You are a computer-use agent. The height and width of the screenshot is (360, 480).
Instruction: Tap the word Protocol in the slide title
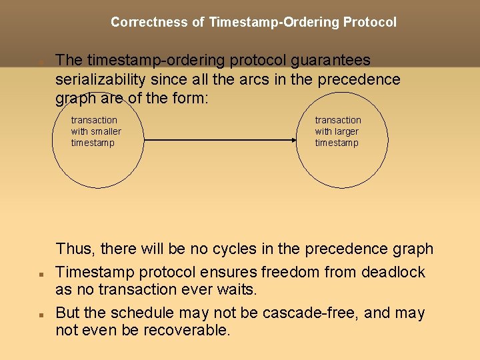pos(369,22)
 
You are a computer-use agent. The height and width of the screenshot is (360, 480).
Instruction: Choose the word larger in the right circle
pos(347,131)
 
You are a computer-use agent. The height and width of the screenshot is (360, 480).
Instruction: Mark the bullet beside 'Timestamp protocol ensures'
pos(41,274)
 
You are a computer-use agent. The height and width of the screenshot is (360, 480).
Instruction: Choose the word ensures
pos(226,273)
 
